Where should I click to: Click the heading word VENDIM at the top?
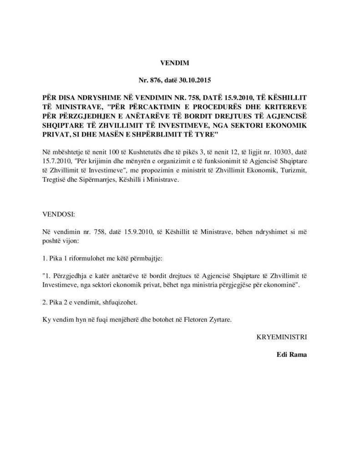tap(174, 65)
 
